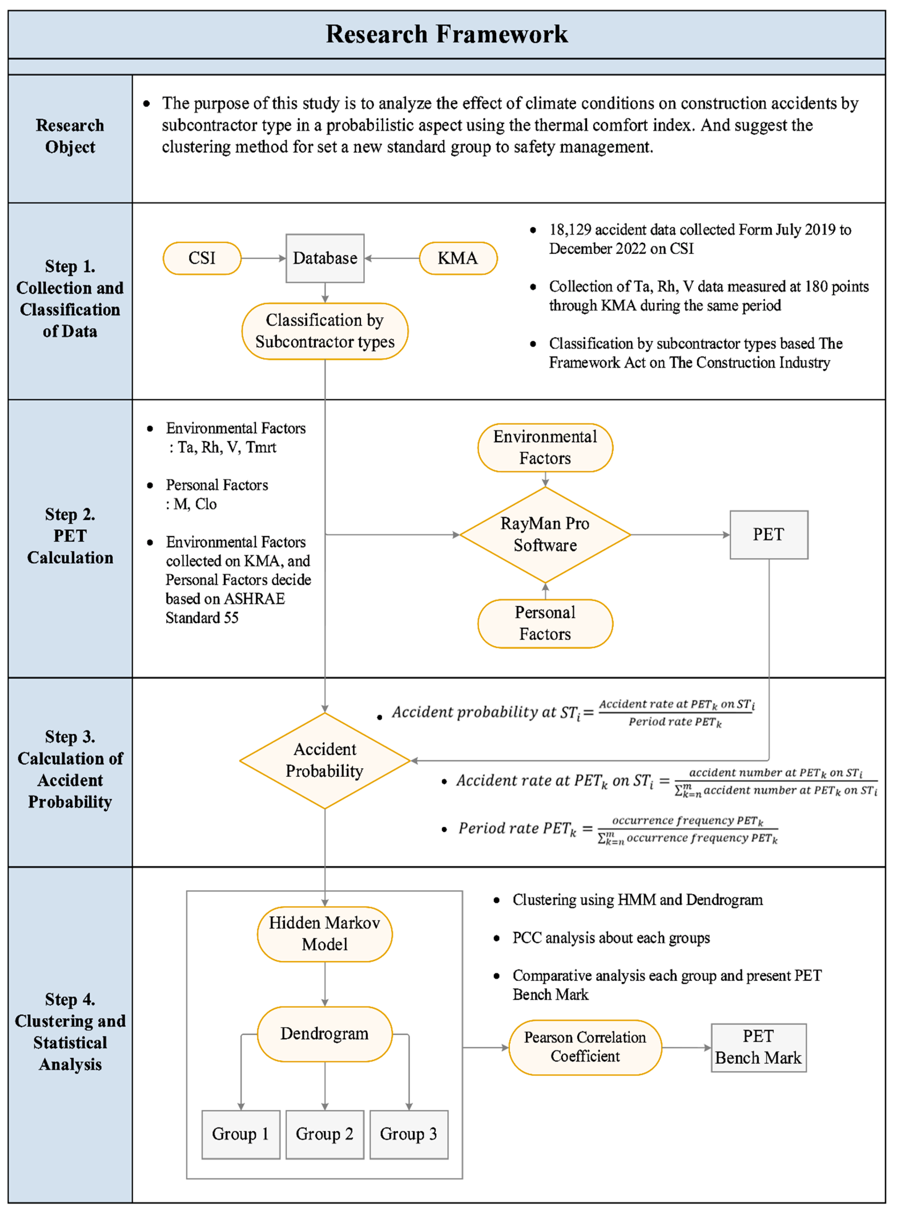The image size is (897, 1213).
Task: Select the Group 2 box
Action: click(325, 1134)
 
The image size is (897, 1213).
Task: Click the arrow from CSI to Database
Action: click(263, 258)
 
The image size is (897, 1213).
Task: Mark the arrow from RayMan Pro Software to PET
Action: click(680, 535)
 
